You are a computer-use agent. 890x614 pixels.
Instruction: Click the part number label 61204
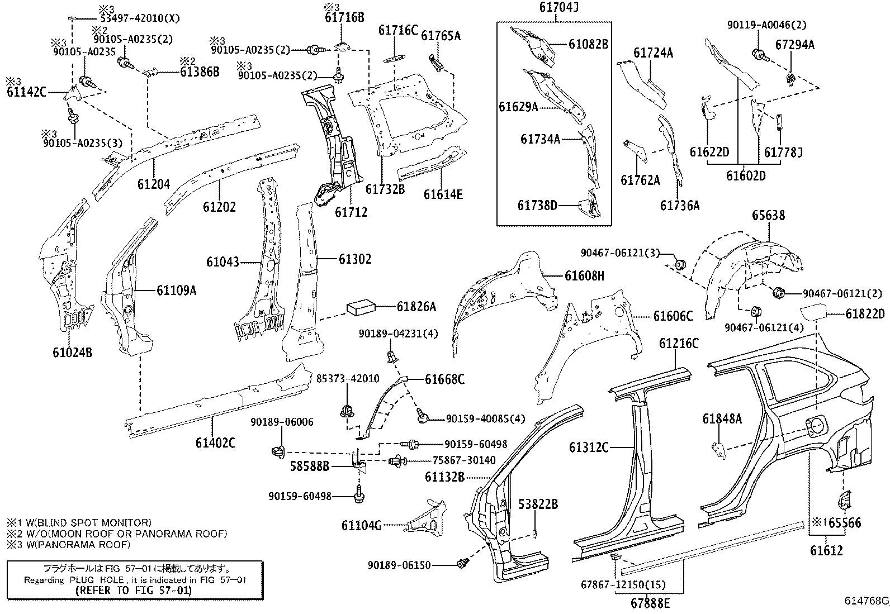tap(154, 183)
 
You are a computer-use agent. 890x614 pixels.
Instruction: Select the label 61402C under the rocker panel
tap(215, 443)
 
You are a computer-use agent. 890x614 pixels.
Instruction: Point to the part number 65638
tap(768, 215)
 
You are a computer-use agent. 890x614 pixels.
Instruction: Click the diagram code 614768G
tap(866, 601)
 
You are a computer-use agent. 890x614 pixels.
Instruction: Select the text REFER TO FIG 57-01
tap(134, 590)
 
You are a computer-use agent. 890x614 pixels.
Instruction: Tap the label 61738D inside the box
tap(537, 206)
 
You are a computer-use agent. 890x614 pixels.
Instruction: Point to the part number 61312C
tap(589, 447)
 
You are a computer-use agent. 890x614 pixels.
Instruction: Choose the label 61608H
tap(584, 275)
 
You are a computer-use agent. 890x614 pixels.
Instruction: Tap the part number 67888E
tap(650, 603)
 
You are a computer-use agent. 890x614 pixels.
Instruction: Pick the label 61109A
tap(176, 290)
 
